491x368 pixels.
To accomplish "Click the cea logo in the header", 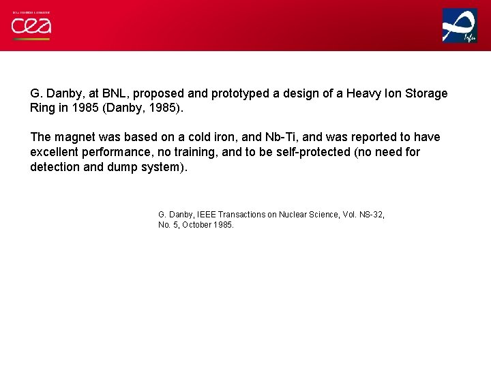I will (x=31, y=26).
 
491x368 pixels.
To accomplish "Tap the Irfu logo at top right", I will (x=460, y=26).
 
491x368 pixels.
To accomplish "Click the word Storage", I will (x=424, y=93).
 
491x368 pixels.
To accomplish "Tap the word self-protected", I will (x=310, y=152).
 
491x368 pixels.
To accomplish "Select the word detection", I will (x=55, y=167).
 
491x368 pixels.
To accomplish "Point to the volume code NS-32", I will (x=369, y=215).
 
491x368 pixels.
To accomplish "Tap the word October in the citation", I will (x=197, y=225).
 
